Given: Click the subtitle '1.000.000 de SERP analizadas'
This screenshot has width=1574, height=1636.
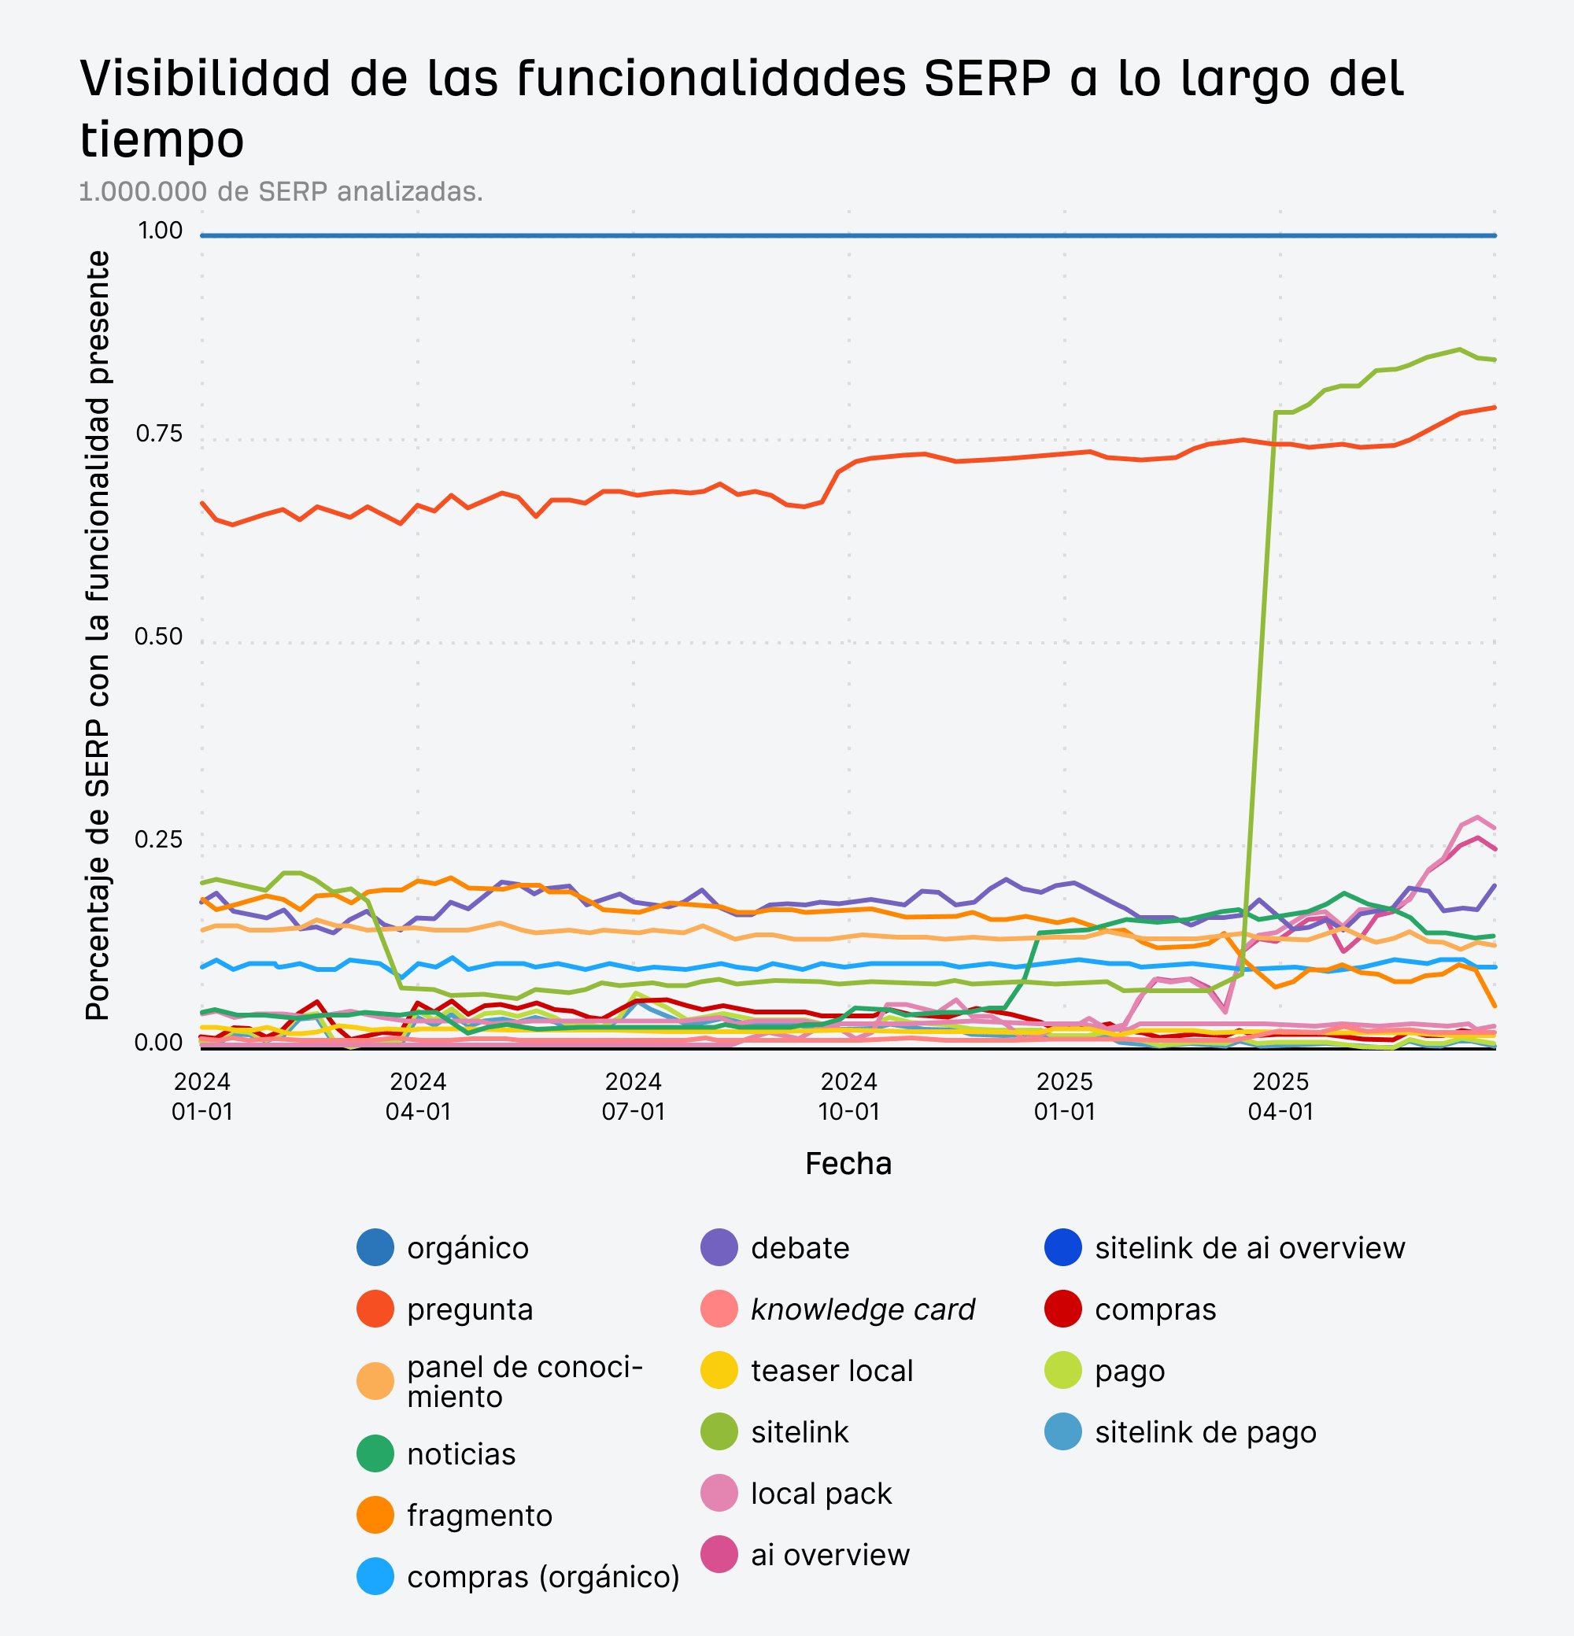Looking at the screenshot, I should pyautogui.click(x=280, y=191).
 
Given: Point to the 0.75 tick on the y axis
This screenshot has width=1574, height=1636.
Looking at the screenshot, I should pyautogui.click(x=157, y=434).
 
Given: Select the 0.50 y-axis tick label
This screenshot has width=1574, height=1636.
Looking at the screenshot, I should pyautogui.click(x=157, y=636).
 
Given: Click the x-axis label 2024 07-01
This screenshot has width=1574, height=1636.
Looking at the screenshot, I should pyautogui.click(x=634, y=1096).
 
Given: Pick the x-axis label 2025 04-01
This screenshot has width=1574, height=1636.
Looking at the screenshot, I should pyautogui.click(x=1280, y=1096).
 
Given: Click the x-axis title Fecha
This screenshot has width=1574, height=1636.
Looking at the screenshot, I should pyautogui.click(x=848, y=1164).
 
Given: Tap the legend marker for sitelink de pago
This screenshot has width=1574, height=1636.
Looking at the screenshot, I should pyautogui.click(x=1063, y=1431).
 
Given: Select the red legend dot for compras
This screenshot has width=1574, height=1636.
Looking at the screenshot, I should pyautogui.click(x=1063, y=1309).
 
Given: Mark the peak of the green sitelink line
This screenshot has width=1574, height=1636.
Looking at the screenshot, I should pyautogui.click(x=1459, y=349).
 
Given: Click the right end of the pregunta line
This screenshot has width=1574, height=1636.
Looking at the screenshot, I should pyautogui.click(x=1494, y=408).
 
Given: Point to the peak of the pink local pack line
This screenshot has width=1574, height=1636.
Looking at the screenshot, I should pyautogui.click(x=1477, y=817).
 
